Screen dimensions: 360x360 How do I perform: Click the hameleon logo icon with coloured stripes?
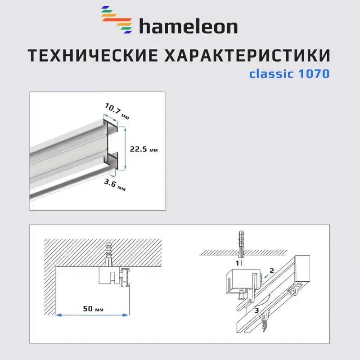click(x=117, y=20)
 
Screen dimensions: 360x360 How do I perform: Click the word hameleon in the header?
click(x=188, y=26)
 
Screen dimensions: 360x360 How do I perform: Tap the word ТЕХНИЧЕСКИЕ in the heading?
click(x=93, y=55)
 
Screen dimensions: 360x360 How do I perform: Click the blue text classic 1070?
click(x=289, y=74)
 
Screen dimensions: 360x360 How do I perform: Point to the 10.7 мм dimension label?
click(x=117, y=111)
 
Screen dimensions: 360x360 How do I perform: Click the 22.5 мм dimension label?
click(x=144, y=149)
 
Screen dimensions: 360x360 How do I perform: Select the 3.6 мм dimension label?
click(x=115, y=185)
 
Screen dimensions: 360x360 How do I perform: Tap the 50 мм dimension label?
click(x=93, y=309)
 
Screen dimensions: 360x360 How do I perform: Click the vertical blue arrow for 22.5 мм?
click(x=126, y=148)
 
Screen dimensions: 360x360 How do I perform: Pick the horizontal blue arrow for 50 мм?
click(x=92, y=315)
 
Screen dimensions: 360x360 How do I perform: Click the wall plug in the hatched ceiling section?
click(x=108, y=254)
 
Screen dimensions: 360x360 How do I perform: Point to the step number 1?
click(x=238, y=263)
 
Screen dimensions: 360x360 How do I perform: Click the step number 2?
click(x=272, y=271)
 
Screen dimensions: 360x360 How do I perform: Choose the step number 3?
click(x=256, y=310)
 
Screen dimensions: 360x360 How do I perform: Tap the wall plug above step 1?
click(x=241, y=245)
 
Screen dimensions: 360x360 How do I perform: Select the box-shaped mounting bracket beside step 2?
click(x=243, y=282)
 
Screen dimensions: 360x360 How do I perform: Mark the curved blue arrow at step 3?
click(x=262, y=300)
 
